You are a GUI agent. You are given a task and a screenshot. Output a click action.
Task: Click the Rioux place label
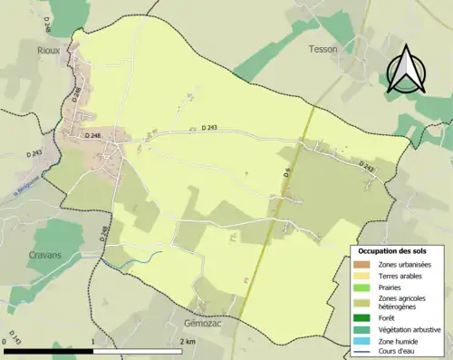(47, 50)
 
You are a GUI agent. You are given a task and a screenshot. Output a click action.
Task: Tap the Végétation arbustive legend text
(410, 329)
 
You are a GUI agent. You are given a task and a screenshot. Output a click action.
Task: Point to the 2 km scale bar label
(188, 342)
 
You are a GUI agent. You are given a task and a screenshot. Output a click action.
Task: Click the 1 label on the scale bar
(94, 342)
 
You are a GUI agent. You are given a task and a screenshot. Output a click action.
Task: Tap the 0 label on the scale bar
(5, 342)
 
